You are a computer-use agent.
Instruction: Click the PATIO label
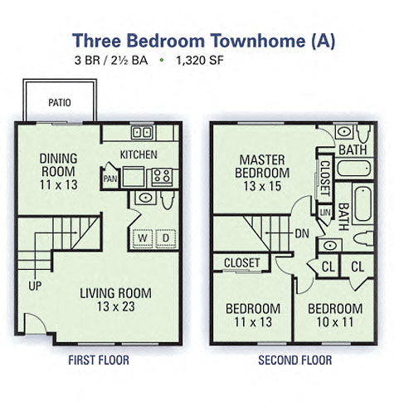coord(58,103)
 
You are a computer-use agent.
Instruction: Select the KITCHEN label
coord(139,154)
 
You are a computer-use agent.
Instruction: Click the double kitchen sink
coord(142,132)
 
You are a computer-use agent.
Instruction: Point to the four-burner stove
coord(159,175)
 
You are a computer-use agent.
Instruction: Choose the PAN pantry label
coord(110,178)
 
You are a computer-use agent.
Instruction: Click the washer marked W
coord(142,238)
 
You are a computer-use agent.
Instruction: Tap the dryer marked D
coord(165,238)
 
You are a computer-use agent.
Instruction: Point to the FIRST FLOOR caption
coord(98,360)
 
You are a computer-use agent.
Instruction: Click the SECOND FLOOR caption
coord(294,360)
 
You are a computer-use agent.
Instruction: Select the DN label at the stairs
coord(302,233)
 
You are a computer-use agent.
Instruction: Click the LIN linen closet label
coord(323,213)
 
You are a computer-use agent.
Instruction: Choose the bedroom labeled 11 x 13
coord(253,314)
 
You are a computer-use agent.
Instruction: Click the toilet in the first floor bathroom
coord(168,200)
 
